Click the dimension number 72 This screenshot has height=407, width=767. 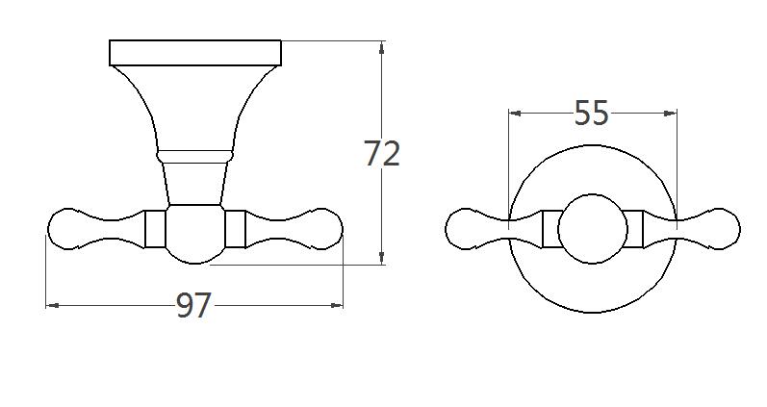click(x=382, y=153)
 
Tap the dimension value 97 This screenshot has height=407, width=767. click(x=194, y=306)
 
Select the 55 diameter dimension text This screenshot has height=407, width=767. click(x=592, y=114)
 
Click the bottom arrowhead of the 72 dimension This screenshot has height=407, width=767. click(x=383, y=257)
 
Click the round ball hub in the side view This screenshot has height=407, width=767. click(x=195, y=234)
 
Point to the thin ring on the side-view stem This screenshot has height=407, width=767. click(x=195, y=154)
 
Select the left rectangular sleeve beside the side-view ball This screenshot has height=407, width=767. click(x=155, y=228)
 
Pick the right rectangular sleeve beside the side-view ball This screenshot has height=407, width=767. click(x=236, y=228)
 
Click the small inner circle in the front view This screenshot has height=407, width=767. click(x=593, y=229)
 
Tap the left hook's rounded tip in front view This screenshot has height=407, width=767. click(x=464, y=229)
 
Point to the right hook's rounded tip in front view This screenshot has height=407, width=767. click(x=722, y=229)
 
